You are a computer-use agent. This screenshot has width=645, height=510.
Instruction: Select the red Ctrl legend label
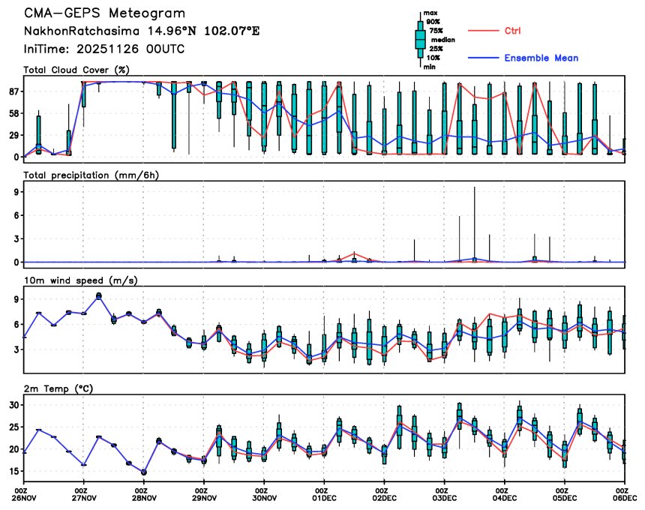pos(512,31)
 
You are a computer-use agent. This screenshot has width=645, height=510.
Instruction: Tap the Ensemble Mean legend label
pos(541,58)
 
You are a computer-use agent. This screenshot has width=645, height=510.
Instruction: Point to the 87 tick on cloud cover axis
pos(13,91)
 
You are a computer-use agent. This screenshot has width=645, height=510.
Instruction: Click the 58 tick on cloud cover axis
pos(13,113)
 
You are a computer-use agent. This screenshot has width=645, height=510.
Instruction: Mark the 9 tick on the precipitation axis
pos(16,192)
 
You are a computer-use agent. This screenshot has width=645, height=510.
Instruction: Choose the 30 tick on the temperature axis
pos(13,405)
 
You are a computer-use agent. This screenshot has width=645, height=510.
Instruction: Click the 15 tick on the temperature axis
pos(13,472)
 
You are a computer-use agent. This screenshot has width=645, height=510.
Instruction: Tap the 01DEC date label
pos(324,497)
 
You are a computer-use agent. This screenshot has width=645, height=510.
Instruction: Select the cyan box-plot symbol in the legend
pos(421,39)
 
